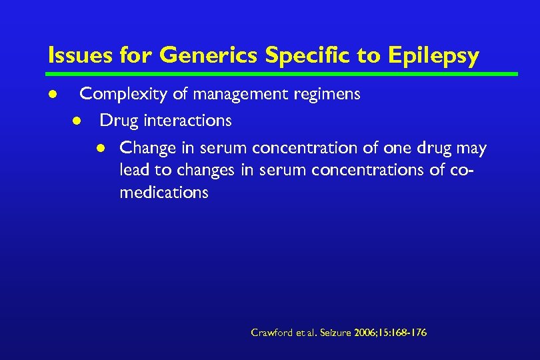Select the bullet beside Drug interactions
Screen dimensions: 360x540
point(77,121)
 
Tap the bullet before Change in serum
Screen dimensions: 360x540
point(101,148)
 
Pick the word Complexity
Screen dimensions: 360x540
point(124,95)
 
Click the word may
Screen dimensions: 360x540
point(471,148)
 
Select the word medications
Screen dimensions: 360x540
point(164,193)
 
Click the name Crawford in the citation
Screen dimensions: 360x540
point(270,332)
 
